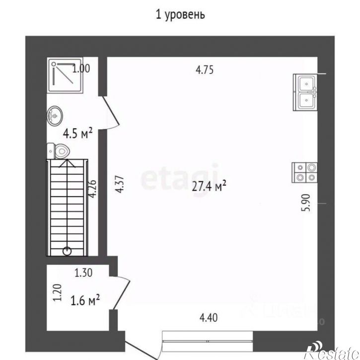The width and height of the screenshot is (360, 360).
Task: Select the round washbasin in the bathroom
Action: coord(55,117)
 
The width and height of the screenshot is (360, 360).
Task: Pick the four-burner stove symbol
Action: coord(305,172)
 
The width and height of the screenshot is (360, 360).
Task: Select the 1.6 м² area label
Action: coord(85,300)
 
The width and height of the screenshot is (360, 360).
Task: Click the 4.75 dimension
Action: coord(204,70)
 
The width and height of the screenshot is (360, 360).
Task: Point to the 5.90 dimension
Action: coord(306,203)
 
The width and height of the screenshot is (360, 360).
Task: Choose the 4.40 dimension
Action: coord(208,316)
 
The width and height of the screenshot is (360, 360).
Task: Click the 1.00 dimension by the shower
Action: coord(80,69)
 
